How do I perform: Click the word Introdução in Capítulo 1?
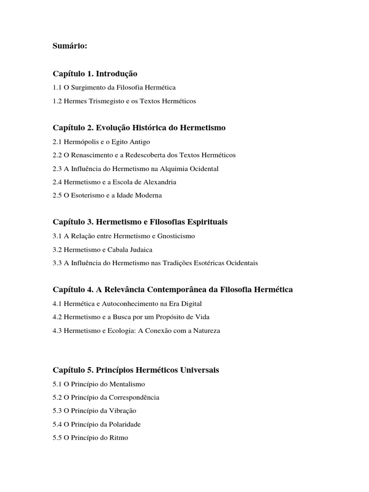117,74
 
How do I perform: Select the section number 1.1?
57,87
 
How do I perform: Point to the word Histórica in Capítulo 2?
147,128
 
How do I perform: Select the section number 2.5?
57,196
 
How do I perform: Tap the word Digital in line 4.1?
191,304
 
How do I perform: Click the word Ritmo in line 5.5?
119,438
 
